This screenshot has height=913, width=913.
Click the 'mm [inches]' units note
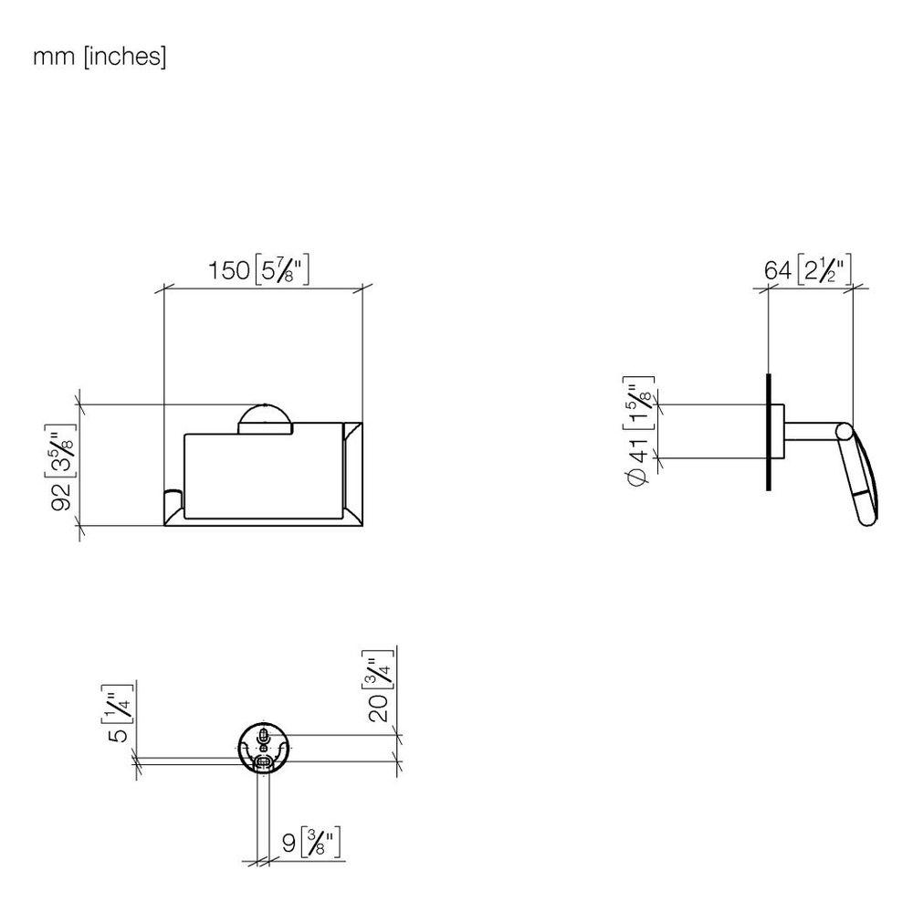100,57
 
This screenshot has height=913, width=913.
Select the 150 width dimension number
229,270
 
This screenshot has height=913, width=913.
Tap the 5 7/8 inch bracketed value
282,269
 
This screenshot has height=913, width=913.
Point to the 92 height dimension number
61,497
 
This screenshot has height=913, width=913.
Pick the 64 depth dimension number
777,270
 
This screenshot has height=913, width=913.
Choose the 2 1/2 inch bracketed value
824,269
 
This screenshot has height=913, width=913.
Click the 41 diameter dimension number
638,449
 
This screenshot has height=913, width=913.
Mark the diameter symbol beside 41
638,477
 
